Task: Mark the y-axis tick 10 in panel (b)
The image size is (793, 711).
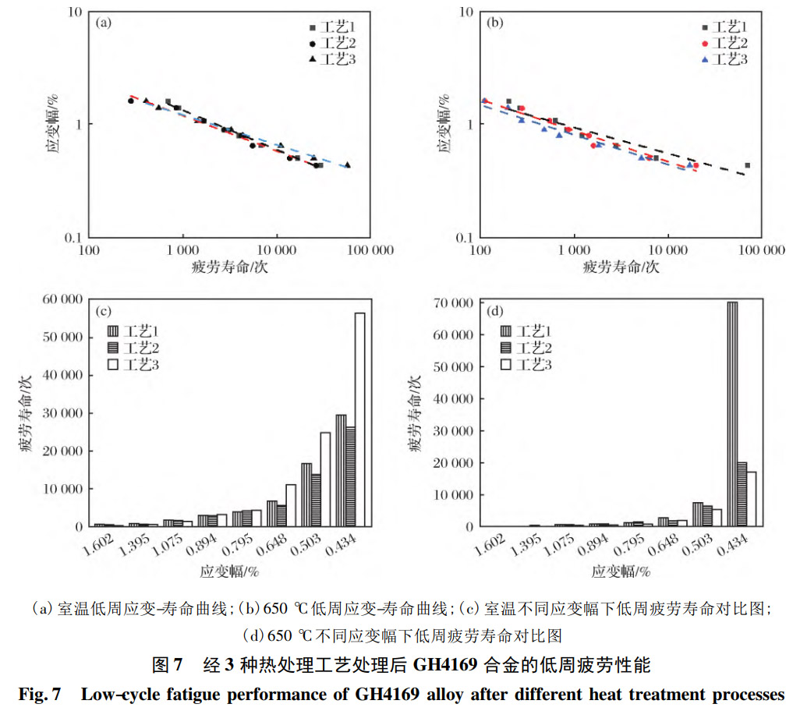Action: pyautogui.click(x=466, y=12)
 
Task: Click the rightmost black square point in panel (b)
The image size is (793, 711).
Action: pyautogui.click(x=747, y=165)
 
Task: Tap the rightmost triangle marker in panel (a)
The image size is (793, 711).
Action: pyautogui.click(x=347, y=164)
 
